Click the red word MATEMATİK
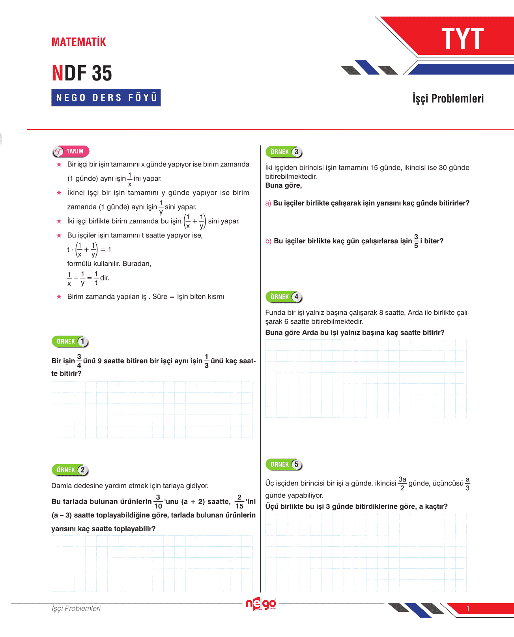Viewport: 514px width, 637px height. [x=79, y=42]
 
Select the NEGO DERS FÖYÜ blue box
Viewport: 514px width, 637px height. [x=106, y=97]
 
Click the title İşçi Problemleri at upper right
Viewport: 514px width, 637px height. [x=448, y=99]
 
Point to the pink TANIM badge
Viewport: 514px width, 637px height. [x=71, y=151]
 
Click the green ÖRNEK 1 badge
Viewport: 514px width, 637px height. [x=70, y=342]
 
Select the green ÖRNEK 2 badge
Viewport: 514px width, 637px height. [x=70, y=470]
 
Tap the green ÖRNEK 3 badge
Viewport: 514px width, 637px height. [x=284, y=152]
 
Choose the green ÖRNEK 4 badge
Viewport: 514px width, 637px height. [x=284, y=297]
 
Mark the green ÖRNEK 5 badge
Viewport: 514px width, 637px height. [x=284, y=465]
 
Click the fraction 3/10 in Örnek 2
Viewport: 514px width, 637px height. [x=158, y=502]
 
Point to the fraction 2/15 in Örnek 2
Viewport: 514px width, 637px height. [x=239, y=502]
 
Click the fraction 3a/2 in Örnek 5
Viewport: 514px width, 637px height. [x=402, y=484]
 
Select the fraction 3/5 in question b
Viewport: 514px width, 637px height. [x=416, y=241]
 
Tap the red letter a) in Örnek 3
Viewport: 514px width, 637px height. [x=268, y=203]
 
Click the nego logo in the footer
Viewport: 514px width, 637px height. [x=260, y=604]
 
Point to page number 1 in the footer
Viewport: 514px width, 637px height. [x=468, y=609]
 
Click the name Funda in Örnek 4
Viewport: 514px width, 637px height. [x=275, y=313]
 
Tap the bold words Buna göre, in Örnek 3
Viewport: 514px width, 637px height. [x=284, y=185]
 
